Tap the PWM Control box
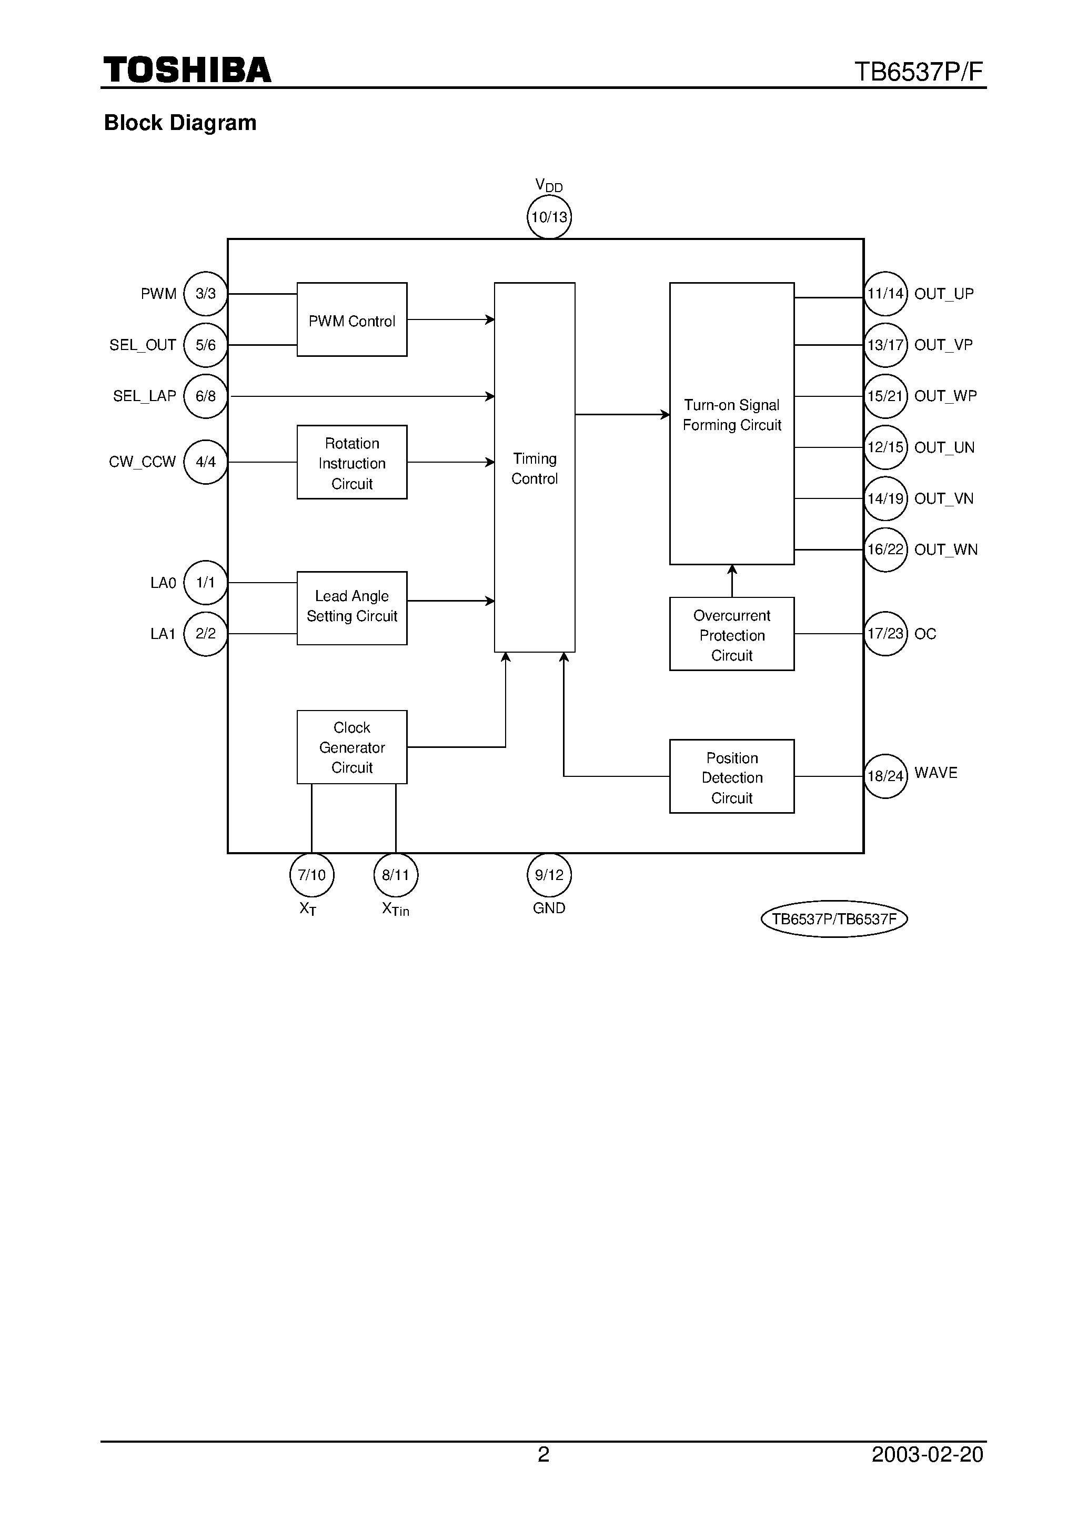(352, 319)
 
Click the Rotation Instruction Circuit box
(352, 463)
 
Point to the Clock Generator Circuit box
(352, 747)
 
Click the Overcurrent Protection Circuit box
(731, 634)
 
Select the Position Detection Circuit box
(731, 777)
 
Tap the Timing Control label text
(534, 468)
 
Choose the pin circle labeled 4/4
(205, 462)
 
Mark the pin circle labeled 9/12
(549, 875)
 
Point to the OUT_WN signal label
(945, 549)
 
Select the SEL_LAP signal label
(144, 396)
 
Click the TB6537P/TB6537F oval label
(834, 919)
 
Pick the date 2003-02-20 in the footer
(927, 1455)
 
